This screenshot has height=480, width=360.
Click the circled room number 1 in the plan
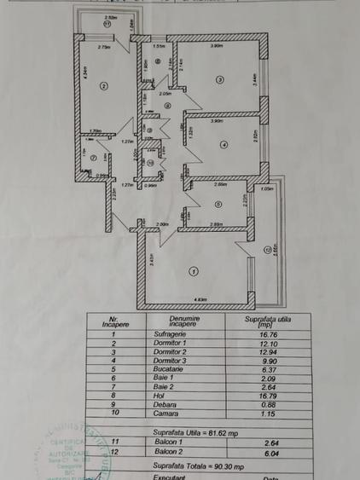pyautogui.click(x=194, y=272)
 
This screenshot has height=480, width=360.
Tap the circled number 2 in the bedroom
pyautogui.click(x=103, y=84)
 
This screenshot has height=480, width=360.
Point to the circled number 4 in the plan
pyautogui.click(x=224, y=145)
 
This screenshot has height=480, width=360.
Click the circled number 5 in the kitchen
pyautogui.click(x=218, y=204)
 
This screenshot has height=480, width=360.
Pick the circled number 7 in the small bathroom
pyautogui.click(x=91, y=156)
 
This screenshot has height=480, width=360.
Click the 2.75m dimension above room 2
pyautogui.click(x=104, y=48)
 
